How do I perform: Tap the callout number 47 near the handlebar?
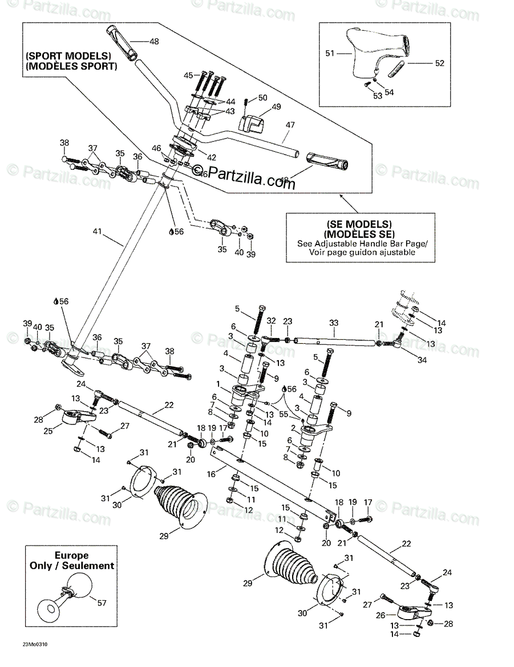click(x=290, y=124)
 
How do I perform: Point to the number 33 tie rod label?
click(x=334, y=323)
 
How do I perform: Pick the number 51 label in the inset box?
click(x=330, y=53)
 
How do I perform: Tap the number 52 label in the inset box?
click(x=439, y=63)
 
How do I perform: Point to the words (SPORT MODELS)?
click(x=68, y=56)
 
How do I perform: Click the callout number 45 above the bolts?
click(x=189, y=75)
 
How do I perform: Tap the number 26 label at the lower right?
click(x=383, y=615)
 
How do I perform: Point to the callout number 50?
click(x=262, y=97)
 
